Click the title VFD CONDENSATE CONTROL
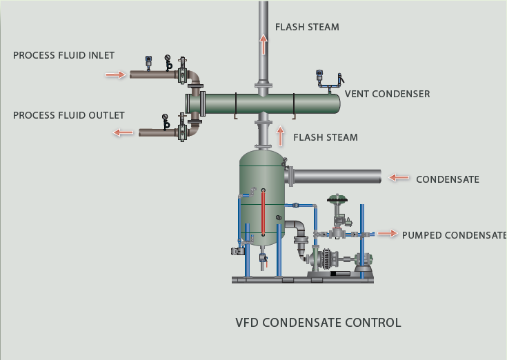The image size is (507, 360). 318,323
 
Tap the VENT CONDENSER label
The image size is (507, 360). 387,94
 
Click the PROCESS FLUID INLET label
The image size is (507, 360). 63,56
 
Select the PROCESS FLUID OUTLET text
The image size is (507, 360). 68,115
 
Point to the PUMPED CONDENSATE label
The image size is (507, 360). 454,235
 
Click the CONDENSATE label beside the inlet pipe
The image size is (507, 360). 447,179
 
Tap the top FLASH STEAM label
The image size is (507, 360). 307,28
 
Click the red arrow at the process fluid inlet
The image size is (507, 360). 115,74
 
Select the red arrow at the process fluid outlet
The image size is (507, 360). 124,132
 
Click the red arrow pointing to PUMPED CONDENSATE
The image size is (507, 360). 388,234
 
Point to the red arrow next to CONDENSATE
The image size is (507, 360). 399,178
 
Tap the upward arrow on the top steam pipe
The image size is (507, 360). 263,45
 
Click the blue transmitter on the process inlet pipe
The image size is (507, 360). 148,61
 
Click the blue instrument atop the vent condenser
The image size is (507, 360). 319,74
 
